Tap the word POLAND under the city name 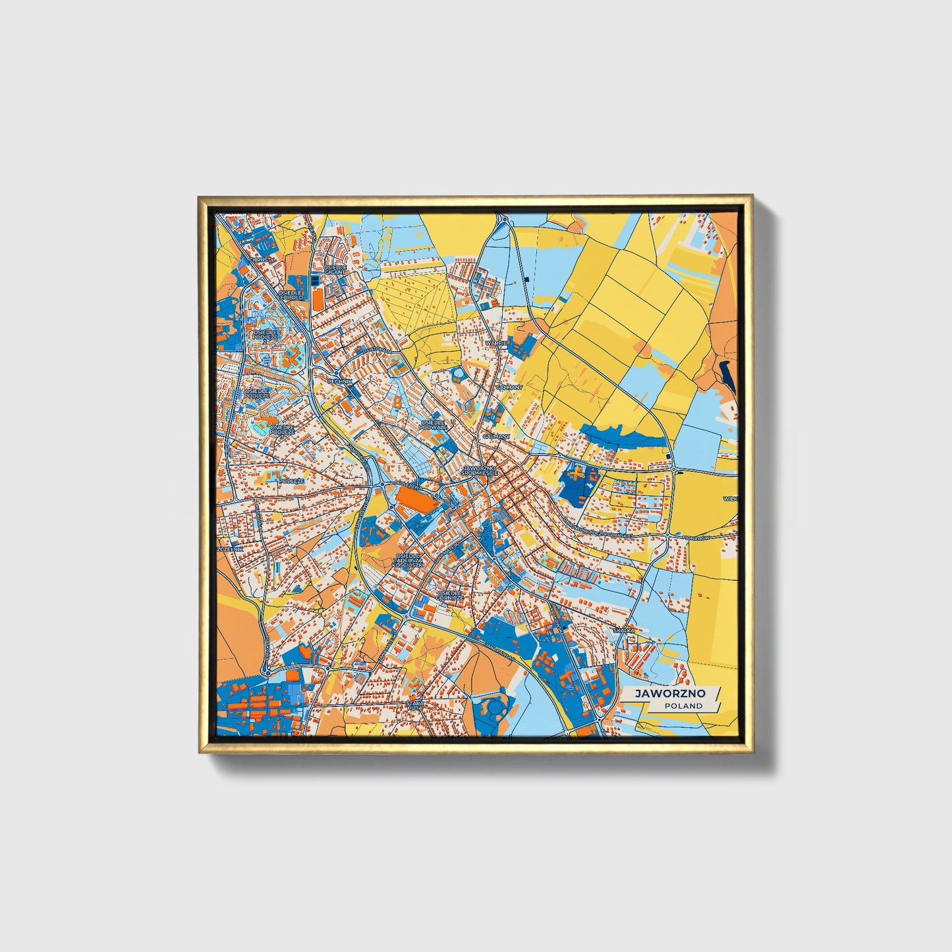coord(683,706)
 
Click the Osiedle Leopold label coord(290,294)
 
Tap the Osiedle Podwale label coord(434,424)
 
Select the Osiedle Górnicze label coord(451,595)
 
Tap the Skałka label coord(623,630)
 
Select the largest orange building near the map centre coord(415,497)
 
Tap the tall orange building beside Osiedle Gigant coord(318,298)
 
